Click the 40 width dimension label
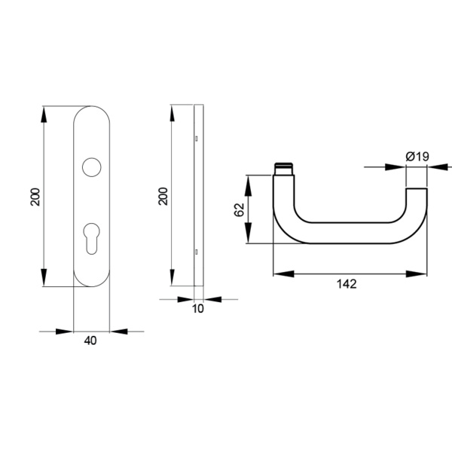(x=90, y=341)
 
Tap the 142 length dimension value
(x=347, y=284)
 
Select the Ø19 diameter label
(x=417, y=157)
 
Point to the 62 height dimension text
(x=240, y=210)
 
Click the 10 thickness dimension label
(x=198, y=308)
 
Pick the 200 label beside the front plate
(x=35, y=197)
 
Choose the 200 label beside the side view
(x=163, y=197)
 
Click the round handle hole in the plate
(x=92, y=167)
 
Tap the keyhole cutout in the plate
(x=92, y=238)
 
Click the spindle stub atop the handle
(x=284, y=169)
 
